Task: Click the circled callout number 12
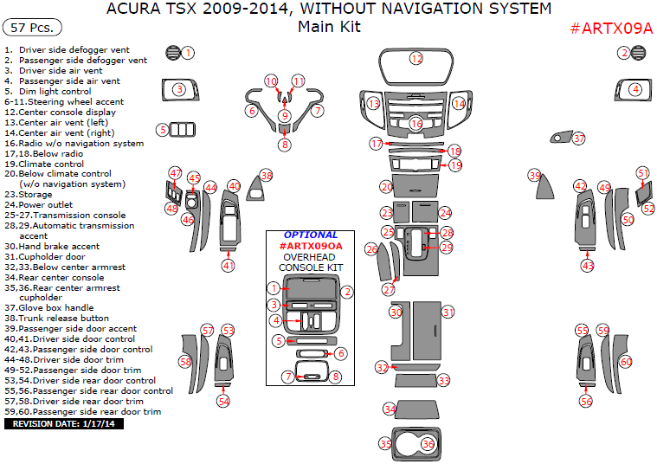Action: click(x=416, y=59)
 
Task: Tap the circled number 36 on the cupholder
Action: click(x=428, y=443)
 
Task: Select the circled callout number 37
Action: click(x=579, y=139)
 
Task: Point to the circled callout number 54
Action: click(x=223, y=401)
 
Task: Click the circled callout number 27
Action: click(x=388, y=289)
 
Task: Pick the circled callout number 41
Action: click(x=228, y=265)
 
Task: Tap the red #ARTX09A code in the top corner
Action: click(x=610, y=28)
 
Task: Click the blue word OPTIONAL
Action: click(x=311, y=235)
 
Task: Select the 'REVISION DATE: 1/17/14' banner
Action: click(x=65, y=424)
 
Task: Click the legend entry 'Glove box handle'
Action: click(x=61, y=307)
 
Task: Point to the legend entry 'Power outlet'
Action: click(x=54, y=205)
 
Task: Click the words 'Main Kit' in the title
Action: click(x=329, y=27)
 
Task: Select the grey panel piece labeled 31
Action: click(x=428, y=329)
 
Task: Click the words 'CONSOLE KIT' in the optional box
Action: click(x=311, y=267)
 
